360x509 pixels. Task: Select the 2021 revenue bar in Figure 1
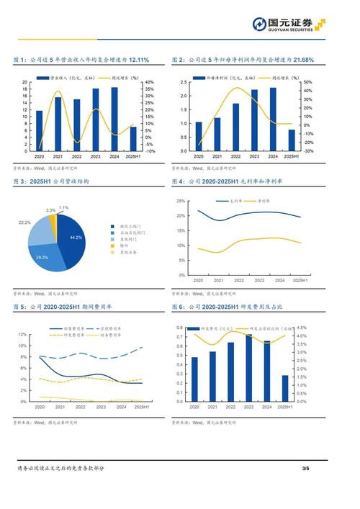tap(58, 124)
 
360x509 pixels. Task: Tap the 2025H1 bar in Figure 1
tap(132, 138)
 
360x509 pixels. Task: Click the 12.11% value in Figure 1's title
tap(138, 60)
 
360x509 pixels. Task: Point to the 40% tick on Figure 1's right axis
tap(149, 82)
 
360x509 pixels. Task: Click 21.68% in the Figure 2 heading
tap(302, 60)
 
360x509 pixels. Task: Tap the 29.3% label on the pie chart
tap(42, 257)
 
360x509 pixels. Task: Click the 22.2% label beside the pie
tap(24, 223)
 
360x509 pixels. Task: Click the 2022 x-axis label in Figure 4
tap(238, 280)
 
